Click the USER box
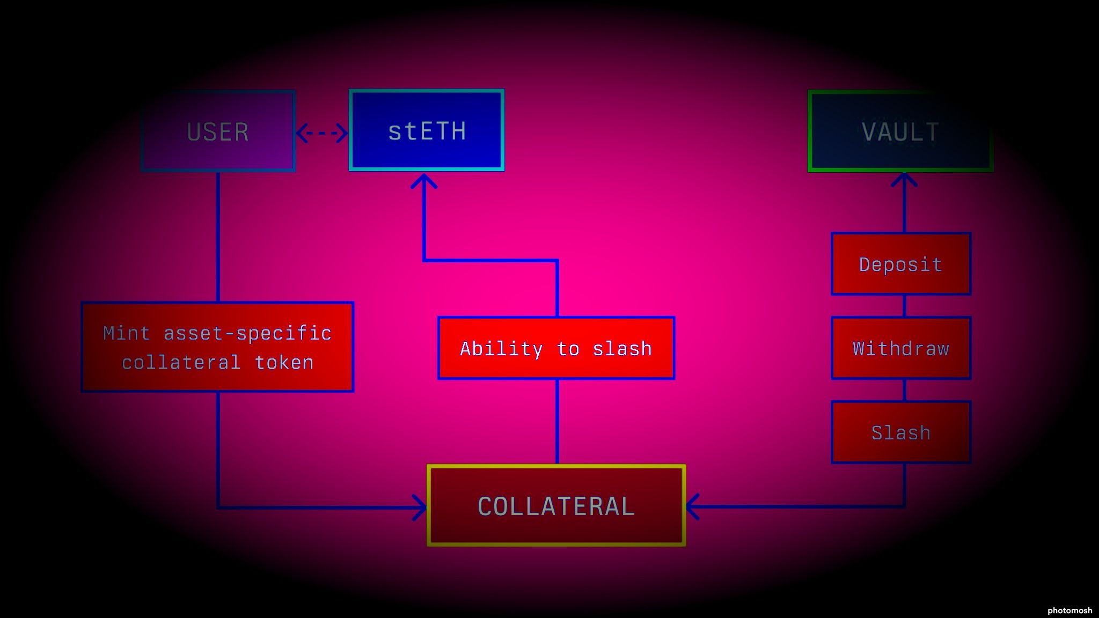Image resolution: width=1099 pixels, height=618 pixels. (218, 131)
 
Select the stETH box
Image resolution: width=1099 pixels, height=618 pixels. (427, 130)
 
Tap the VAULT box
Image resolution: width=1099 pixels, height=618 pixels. (900, 131)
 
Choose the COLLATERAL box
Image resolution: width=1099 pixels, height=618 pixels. (556, 506)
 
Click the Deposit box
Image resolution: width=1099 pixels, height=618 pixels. (901, 264)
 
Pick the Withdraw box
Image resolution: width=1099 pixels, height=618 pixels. (901, 348)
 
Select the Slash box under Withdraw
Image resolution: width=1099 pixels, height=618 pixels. (901, 432)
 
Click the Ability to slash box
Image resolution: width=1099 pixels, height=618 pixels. (556, 348)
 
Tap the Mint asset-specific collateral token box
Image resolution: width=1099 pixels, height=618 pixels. (217, 347)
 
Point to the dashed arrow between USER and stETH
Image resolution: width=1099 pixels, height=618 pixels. (322, 133)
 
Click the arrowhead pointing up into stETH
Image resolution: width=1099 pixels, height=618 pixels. (424, 181)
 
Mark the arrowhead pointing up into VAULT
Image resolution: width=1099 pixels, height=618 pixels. (904, 180)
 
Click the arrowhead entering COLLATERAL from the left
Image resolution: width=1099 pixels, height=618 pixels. (420, 507)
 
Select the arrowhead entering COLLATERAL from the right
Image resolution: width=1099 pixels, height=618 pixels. (693, 506)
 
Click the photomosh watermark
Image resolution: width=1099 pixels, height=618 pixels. (1069, 610)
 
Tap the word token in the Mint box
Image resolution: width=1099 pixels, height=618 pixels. (284, 363)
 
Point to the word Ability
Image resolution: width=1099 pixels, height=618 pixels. (501, 349)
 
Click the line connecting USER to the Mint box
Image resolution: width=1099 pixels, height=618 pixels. (218, 236)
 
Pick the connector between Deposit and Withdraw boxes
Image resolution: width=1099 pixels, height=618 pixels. (905, 306)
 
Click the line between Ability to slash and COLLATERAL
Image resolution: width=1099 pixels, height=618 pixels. (557, 422)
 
